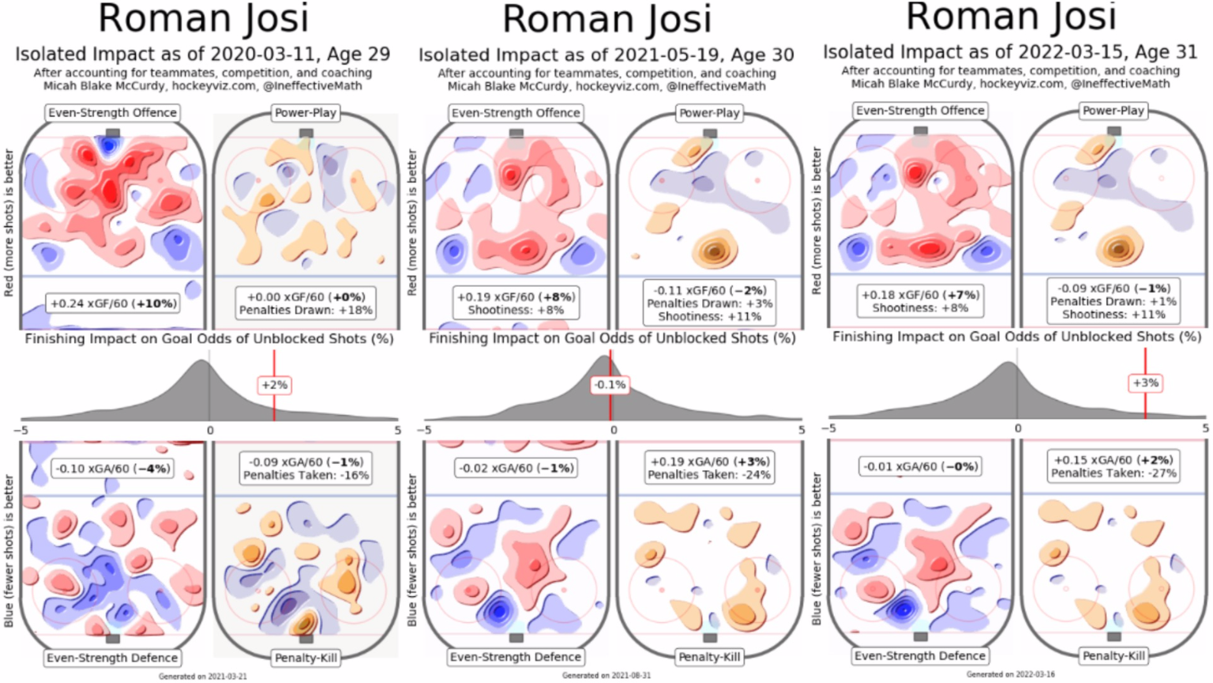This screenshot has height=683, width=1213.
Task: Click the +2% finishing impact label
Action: tap(274, 385)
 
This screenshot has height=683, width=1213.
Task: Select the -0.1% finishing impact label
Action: tap(610, 385)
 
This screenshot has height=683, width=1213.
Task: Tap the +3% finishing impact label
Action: tap(1145, 383)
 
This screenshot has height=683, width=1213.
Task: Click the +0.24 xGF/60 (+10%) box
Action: tap(113, 304)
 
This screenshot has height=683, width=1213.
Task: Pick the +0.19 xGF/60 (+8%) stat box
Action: tap(516, 297)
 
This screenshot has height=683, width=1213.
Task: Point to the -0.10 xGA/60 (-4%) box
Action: tap(112, 469)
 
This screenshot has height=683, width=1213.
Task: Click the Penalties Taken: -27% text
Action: tap(1113, 474)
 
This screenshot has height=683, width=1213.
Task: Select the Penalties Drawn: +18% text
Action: tap(306, 311)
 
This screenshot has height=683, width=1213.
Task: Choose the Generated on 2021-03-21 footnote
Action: tap(202, 677)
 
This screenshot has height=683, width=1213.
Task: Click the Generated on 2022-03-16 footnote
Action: tap(1010, 674)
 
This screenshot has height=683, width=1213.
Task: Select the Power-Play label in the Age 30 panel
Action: tap(709, 113)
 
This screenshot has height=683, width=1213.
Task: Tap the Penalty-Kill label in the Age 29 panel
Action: tap(306, 658)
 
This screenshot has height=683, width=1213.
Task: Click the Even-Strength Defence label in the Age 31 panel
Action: tap(920, 656)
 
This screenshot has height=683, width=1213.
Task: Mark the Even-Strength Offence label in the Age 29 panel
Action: tap(112, 113)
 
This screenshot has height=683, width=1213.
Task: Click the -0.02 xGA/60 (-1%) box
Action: tap(516, 468)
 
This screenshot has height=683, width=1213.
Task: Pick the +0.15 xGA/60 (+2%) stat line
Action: tap(1113, 460)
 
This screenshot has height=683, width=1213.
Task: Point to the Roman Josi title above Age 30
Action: tap(606, 19)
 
